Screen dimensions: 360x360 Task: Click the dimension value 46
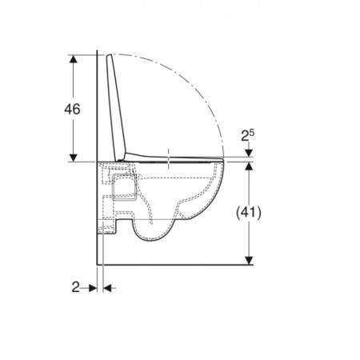coord(72,110)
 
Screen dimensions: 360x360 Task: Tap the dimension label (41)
coord(249,213)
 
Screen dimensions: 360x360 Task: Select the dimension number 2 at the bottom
coord(76,287)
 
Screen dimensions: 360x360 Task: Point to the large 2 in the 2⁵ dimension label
coord(245,136)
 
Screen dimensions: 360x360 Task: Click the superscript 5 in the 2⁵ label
coord(252,133)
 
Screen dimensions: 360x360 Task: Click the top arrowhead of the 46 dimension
coord(73,59)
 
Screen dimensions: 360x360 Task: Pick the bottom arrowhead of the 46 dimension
coord(73,158)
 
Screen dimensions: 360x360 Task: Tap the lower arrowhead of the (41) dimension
coord(249,261)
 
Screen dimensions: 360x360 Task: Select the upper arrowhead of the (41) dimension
coord(249,166)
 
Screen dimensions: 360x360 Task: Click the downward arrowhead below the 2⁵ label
coord(249,153)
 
